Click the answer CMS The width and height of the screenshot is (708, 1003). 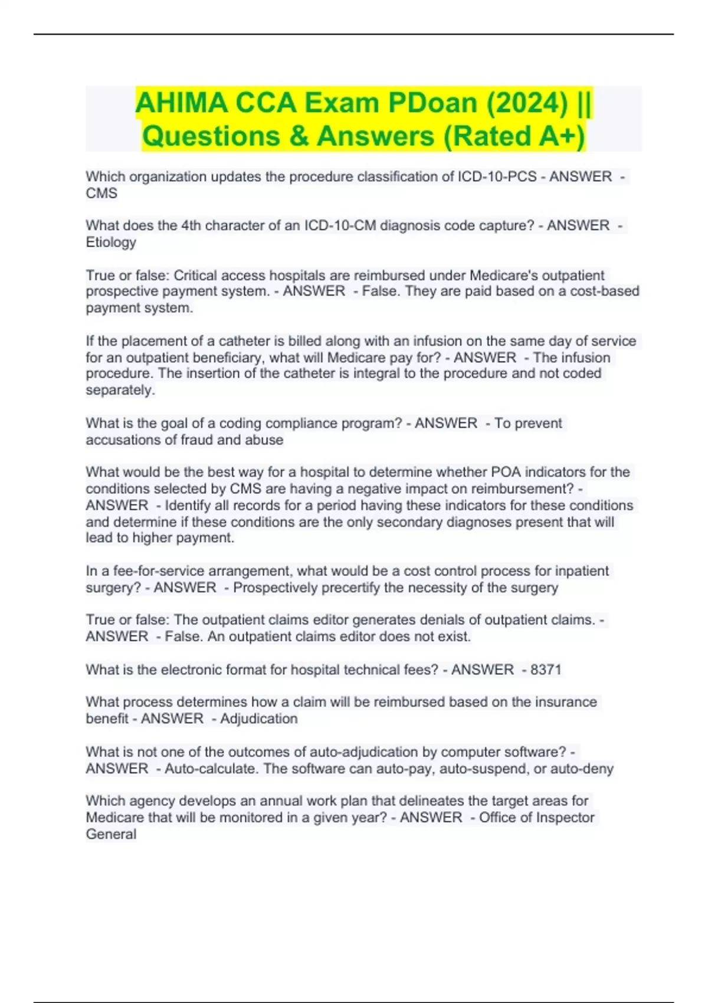(x=101, y=194)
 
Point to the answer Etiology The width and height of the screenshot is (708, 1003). (x=111, y=242)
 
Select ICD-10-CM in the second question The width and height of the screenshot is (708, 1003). (x=340, y=226)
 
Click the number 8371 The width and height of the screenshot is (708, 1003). (x=546, y=670)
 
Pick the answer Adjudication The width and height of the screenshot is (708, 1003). (x=258, y=719)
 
